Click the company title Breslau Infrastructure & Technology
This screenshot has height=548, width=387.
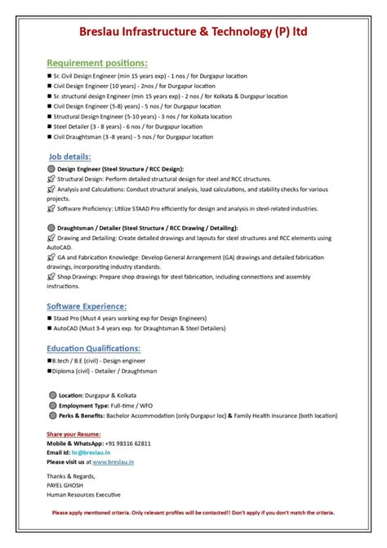pyautogui.click(x=193, y=32)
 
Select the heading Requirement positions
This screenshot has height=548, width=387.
pyautogui.click(x=97, y=63)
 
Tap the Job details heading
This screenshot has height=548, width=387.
pyautogui.click(x=69, y=157)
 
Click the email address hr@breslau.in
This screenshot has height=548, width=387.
pyautogui.click(x=91, y=452)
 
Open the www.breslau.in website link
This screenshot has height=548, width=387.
pyautogui.click(x=114, y=461)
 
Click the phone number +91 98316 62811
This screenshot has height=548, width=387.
pyautogui.click(x=122, y=443)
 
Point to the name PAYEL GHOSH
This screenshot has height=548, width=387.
pyautogui.click(x=64, y=485)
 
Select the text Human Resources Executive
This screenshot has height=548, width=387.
pyautogui.click(x=83, y=494)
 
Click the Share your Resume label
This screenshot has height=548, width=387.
pyautogui.click(x=73, y=433)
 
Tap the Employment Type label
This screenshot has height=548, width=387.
pyautogui.click(x=84, y=405)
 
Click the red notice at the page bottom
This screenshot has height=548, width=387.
pyautogui.click(x=193, y=513)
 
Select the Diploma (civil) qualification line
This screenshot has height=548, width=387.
pyautogui.click(x=105, y=370)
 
